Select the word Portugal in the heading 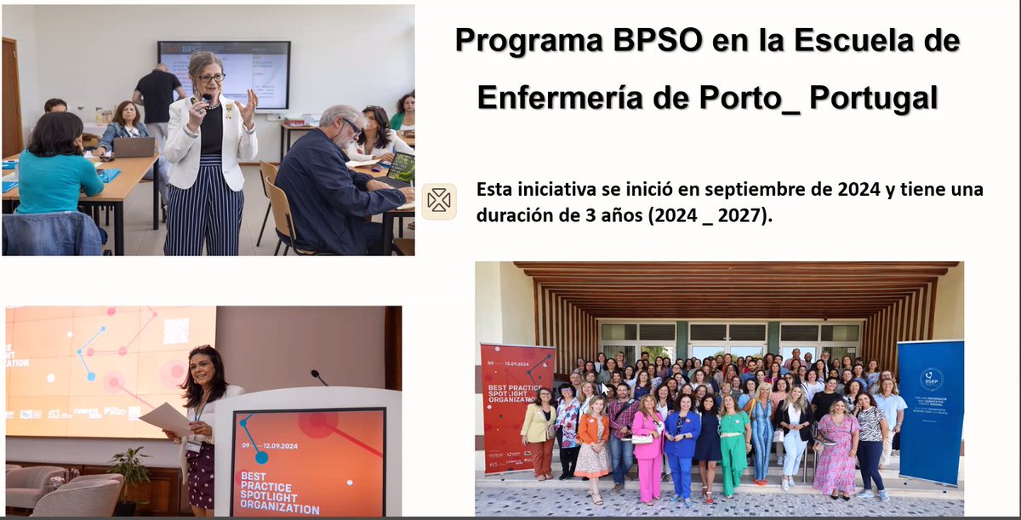(x=873, y=97)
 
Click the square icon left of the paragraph (x=439, y=202)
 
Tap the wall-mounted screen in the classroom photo (x=224, y=74)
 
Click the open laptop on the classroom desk (x=134, y=147)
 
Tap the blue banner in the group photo (x=930, y=409)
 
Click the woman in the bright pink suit (x=647, y=447)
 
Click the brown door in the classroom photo (x=11, y=98)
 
